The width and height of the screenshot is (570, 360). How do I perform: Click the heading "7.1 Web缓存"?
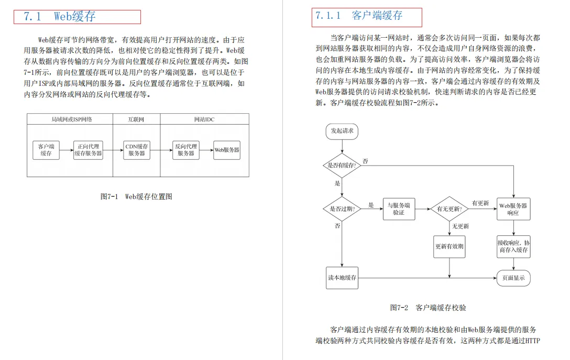(60, 16)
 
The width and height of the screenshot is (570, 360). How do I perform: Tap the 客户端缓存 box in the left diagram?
(46, 150)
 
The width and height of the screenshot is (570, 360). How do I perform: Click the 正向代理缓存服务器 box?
(88, 150)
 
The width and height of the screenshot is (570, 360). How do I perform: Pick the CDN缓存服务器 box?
(137, 150)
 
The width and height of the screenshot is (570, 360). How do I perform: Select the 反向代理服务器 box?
(186, 150)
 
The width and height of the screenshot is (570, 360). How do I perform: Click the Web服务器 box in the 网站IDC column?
(227, 150)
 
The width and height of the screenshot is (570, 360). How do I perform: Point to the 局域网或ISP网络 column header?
(70, 119)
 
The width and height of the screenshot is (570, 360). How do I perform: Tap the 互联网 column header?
(136, 119)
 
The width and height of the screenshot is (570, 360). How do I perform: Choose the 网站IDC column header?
(204, 119)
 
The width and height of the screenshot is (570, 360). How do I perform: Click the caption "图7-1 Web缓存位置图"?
(136, 197)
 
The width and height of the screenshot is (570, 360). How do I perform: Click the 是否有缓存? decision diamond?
(342, 165)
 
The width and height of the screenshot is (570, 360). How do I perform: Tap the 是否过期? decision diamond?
(342, 209)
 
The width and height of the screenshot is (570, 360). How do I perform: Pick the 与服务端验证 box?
(399, 209)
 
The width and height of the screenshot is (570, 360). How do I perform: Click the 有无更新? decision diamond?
(450, 209)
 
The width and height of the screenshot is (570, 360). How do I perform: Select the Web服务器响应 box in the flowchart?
(513, 209)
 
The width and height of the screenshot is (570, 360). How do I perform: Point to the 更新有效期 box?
(450, 246)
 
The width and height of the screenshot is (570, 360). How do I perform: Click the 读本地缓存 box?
(342, 278)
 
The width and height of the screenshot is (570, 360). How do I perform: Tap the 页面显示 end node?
(513, 278)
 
